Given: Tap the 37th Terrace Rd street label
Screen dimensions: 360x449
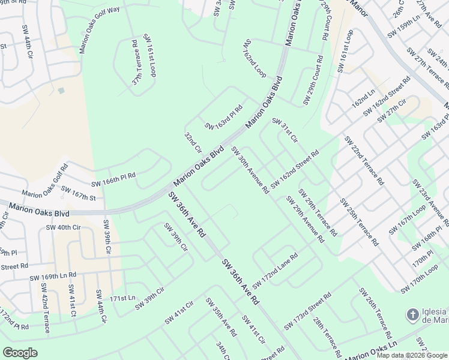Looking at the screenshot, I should tap(136, 61).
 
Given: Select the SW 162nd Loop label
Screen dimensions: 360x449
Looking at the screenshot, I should tap(255, 59).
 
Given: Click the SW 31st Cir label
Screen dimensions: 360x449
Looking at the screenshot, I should tap(285, 130).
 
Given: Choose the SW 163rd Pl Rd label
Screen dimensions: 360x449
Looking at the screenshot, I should tap(223, 118).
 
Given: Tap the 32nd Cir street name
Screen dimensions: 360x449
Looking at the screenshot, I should tap(193, 143).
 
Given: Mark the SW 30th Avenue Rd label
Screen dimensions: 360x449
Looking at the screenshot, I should tap(250, 170).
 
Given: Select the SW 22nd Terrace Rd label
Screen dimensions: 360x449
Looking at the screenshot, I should tap(364, 160).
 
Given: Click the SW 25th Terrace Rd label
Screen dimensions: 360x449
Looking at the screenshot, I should tap(358, 222).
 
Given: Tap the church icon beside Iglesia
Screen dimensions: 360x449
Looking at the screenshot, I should tap(412, 314).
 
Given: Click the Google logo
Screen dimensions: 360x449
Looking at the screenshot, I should tap(20, 353).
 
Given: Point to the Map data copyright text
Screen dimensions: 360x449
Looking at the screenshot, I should tap(411, 355).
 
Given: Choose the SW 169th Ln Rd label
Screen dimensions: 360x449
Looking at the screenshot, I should tap(53, 275).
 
